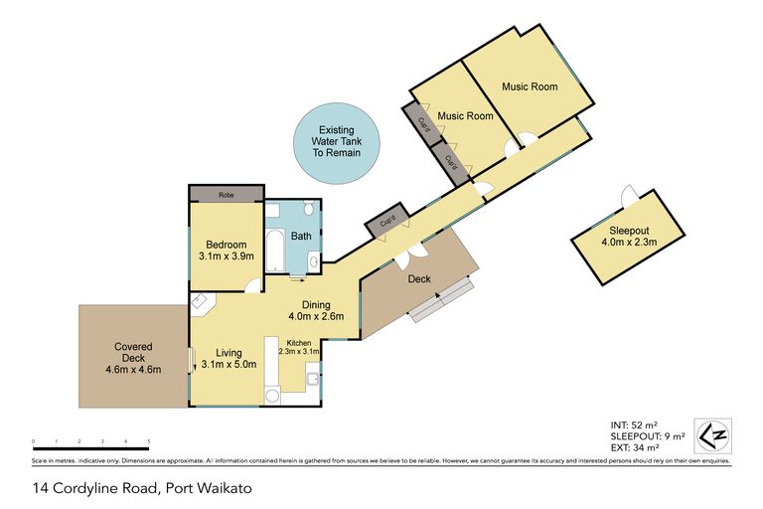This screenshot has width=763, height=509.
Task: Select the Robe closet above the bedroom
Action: coord(227,195)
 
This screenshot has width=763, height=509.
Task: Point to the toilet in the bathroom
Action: coord(309,210)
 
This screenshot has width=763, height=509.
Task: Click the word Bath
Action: coord(300,237)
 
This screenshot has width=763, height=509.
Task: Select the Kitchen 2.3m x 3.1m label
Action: coord(293,347)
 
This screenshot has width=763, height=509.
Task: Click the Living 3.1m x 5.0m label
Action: coord(229,358)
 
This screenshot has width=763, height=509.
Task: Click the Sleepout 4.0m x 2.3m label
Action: coord(630,235)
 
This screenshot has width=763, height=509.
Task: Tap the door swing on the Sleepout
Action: coord(627,195)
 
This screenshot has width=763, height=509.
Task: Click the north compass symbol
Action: coord(712,435)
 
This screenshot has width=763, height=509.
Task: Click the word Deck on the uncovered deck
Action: coord(418,279)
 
